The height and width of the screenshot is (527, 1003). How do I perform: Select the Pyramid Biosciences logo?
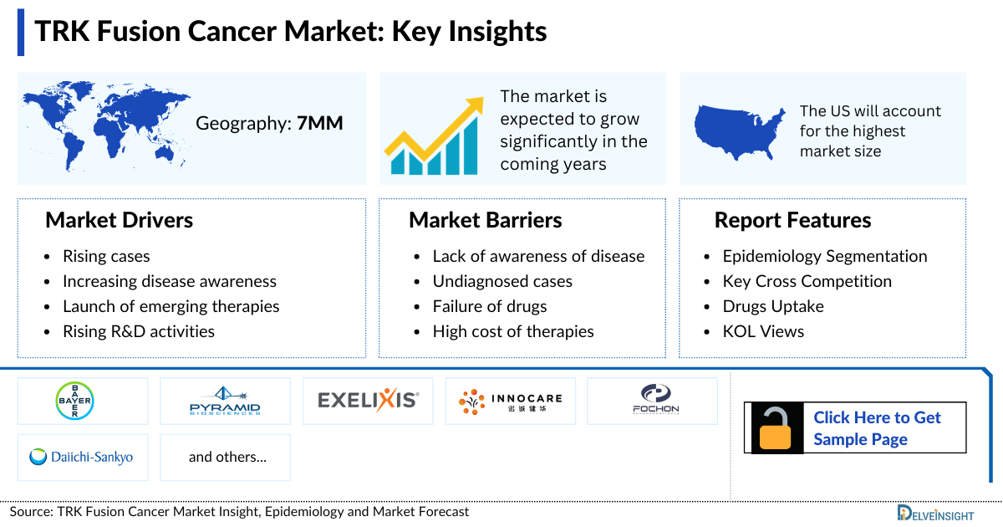click(225, 401)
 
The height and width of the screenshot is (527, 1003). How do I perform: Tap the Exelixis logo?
click(368, 401)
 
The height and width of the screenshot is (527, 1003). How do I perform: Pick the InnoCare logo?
click(510, 401)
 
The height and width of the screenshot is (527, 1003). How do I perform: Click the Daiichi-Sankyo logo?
click(82, 457)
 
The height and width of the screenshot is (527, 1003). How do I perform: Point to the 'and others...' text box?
click(225, 457)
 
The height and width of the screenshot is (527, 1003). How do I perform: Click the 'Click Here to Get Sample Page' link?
click(877, 428)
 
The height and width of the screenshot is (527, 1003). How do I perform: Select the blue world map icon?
click(104, 125)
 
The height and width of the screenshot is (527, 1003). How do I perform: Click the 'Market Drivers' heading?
click(119, 220)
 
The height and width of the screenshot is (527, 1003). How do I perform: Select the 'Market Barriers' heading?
click(485, 220)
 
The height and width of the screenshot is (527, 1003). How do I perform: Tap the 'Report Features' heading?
click(792, 220)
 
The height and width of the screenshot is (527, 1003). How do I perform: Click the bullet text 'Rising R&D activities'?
click(138, 331)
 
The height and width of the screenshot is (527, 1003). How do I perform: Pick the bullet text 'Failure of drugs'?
click(489, 306)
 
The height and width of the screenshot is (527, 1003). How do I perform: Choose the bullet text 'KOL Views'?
click(763, 331)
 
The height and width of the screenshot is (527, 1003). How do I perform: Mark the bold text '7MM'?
click(320, 124)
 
